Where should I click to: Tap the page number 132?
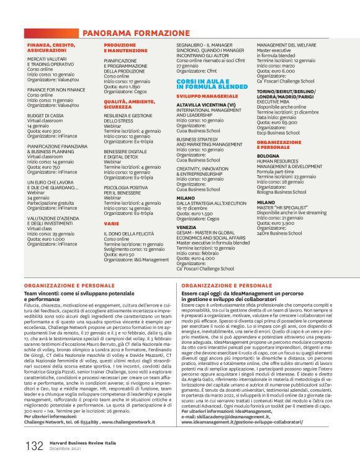[x=34, y=444]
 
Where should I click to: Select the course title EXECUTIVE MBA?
[x=276, y=103]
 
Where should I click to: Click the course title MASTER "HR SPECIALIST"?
[x=282, y=207]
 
